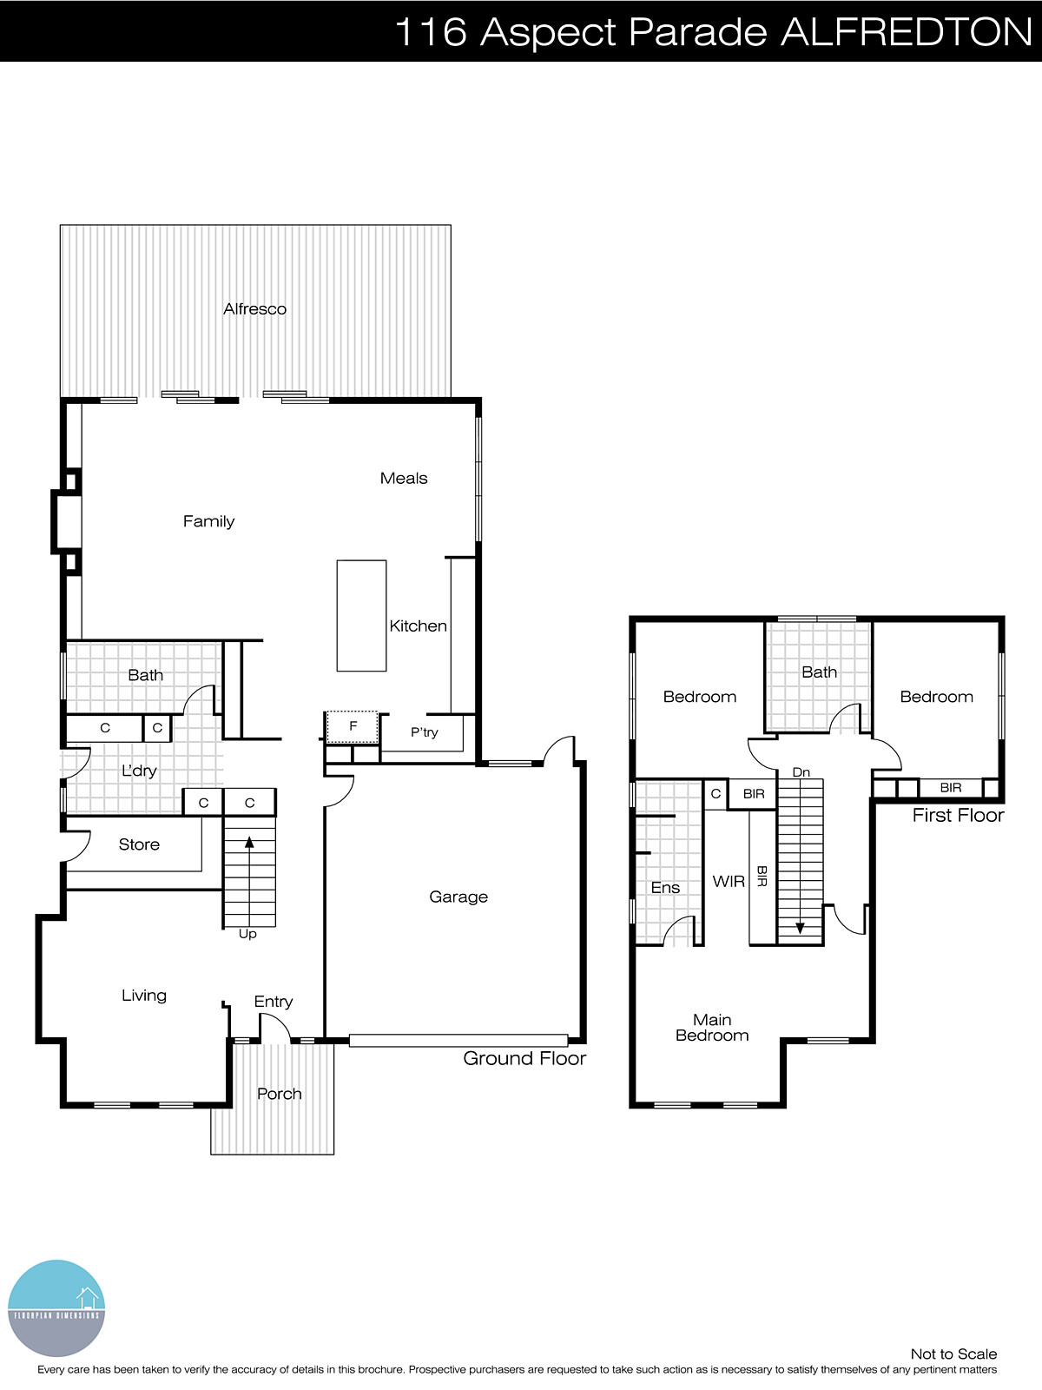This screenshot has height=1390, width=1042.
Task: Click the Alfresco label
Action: (x=254, y=309)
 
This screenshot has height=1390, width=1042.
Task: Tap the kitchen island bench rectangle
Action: (x=361, y=615)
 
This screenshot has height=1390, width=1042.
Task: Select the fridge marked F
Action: (x=353, y=726)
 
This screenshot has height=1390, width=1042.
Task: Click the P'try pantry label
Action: (x=424, y=732)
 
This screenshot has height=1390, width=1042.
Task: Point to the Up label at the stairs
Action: (x=247, y=935)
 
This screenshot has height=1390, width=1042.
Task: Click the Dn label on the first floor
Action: (x=801, y=772)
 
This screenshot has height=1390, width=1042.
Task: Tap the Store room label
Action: (x=139, y=844)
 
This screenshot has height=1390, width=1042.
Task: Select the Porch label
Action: (x=279, y=1094)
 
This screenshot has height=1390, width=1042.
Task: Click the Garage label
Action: (x=458, y=897)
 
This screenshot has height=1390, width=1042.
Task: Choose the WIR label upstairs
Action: (x=729, y=881)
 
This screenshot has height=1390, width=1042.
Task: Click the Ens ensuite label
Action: (x=665, y=887)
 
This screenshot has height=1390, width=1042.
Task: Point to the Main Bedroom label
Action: (x=712, y=1028)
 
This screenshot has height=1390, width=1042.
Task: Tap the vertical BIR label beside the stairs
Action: (x=762, y=876)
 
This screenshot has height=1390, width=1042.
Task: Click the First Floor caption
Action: (x=958, y=815)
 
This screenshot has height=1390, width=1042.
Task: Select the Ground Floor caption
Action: (x=524, y=1058)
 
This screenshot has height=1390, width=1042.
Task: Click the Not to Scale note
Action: (x=953, y=1354)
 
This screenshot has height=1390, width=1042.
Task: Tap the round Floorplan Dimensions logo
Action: (x=56, y=1308)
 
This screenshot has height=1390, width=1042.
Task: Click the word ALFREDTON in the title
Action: (x=906, y=32)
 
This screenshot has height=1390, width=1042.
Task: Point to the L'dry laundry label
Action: (x=139, y=771)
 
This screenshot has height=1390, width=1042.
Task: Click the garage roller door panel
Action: (x=458, y=1040)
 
